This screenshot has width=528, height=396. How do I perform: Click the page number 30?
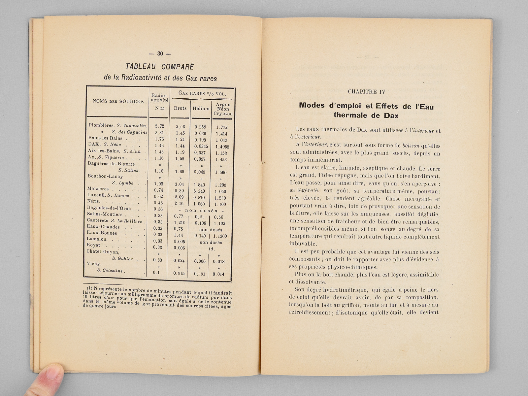(x=160, y=53)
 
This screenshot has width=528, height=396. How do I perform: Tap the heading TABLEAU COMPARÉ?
(x=160, y=66)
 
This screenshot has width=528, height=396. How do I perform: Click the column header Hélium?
(x=201, y=108)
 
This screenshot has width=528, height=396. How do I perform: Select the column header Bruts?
(x=180, y=108)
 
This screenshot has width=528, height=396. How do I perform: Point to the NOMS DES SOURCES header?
(x=118, y=101)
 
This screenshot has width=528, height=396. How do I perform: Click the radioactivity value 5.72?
(x=159, y=126)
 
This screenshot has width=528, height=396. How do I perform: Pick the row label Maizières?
(x=98, y=189)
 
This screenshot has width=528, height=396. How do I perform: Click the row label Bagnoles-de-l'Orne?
(x=109, y=208)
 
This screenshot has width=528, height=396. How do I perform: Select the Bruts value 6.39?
(x=179, y=190)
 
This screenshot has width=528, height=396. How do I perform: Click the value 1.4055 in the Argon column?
(x=222, y=147)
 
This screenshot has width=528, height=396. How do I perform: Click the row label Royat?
(x=93, y=245)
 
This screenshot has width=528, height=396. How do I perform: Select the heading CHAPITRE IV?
(x=366, y=92)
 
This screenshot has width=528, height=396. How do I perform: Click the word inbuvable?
(x=303, y=244)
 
